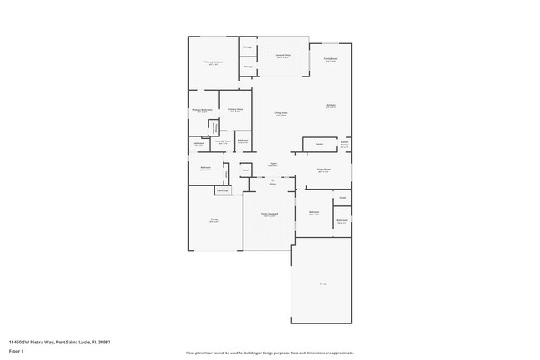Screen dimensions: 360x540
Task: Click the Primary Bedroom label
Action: tap(214, 62)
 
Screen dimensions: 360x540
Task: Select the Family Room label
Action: tap(330, 59)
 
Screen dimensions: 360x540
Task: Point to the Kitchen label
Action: tap(331, 106)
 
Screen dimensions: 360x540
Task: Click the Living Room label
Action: tap(282, 114)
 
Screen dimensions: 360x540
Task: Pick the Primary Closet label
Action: tap(235, 110)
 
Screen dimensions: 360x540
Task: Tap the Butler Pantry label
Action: tap(344, 144)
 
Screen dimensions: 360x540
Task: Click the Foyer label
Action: tap(272, 165)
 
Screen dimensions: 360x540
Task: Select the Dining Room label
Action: tap(324, 170)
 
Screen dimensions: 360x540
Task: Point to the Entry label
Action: tap(272, 184)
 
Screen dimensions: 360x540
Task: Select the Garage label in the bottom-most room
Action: tap(322, 284)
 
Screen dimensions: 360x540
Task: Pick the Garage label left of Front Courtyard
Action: tap(214, 220)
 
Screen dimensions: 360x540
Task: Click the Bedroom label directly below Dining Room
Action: tap(315, 213)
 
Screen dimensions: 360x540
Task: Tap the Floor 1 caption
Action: tap(17, 351)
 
